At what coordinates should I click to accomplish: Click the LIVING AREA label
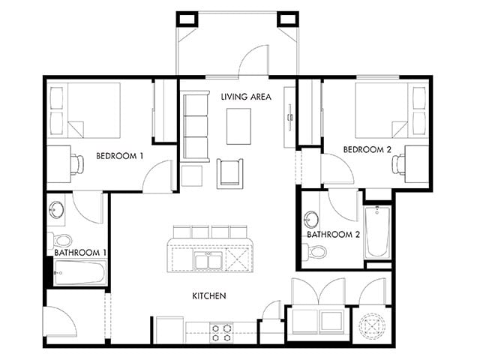[x=246, y=97]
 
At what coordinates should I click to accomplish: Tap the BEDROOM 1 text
[x=120, y=156]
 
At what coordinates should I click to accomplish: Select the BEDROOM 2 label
[x=367, y=150]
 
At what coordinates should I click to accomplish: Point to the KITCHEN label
[x=209, y=295]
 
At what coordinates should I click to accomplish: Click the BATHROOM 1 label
[x=80, y=253]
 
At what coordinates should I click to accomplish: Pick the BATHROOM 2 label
[x=333, y=235]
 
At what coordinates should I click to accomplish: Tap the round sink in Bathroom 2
[x=312, y=219]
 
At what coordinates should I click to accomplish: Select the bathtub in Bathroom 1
[x=80, y=273]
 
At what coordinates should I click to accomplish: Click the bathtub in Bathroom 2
[x=378, y=232]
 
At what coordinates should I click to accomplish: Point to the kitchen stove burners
[x=221, y=333]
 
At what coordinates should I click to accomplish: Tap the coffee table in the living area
[x=238, y=126]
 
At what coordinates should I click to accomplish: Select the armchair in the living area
[x=230, y=173]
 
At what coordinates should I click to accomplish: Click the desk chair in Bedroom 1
[x=77, y=165]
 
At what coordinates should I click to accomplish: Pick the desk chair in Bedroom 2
[x=399, y=165]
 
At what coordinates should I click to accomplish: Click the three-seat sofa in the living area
[x=196, y=126]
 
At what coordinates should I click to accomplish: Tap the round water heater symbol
[x=372, y=325]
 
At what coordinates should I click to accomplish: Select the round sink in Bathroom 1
[x=56, y=210]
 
